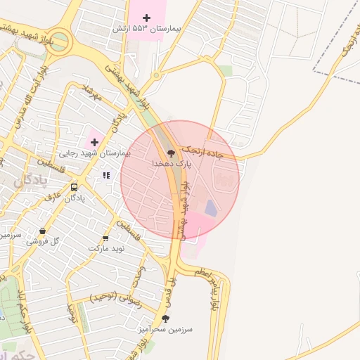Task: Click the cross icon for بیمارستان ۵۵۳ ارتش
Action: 146,17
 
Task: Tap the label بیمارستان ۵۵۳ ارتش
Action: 147,30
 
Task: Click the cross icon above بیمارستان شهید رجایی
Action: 94,141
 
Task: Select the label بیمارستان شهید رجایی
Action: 94,153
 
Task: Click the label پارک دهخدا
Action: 170,163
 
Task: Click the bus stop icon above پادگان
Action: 75,187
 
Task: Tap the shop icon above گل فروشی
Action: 43,231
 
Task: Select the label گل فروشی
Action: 43,241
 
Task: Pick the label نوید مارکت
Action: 106,249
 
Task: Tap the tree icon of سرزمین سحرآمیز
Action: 165,319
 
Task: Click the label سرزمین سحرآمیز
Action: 166,329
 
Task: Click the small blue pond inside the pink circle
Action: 212,208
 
